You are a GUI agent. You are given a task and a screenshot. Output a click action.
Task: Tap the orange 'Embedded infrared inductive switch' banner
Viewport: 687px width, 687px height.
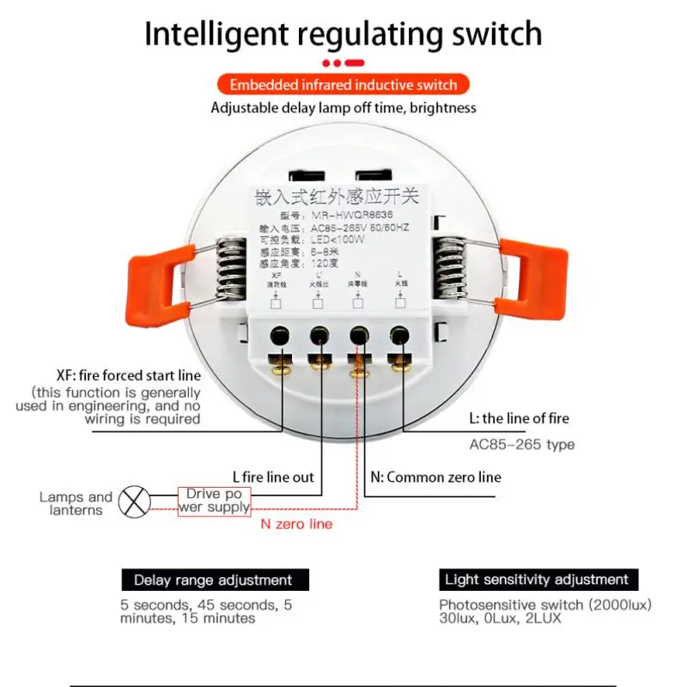343,84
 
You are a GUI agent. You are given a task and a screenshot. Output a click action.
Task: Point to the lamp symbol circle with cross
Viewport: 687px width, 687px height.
133,502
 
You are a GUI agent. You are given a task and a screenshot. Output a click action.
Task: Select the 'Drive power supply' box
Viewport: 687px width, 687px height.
214,501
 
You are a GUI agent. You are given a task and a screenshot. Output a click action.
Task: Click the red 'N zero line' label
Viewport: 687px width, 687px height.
295,523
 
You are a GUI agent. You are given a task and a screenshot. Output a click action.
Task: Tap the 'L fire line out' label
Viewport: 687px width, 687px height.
273,477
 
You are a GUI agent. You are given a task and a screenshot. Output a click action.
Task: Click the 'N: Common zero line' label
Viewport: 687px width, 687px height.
435,477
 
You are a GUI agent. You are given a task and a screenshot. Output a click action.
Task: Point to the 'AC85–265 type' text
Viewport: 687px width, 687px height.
521,444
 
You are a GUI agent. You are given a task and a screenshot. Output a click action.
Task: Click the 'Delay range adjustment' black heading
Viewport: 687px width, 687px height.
213,581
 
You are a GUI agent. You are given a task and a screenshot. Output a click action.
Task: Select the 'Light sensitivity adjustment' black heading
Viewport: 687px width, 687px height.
537,580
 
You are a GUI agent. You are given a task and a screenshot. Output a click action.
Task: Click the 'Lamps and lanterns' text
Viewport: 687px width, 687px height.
76,503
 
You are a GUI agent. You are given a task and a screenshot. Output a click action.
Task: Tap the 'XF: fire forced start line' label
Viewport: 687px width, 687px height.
127,375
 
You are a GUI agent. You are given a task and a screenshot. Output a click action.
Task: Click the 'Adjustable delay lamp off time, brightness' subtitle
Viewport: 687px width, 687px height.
343,108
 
